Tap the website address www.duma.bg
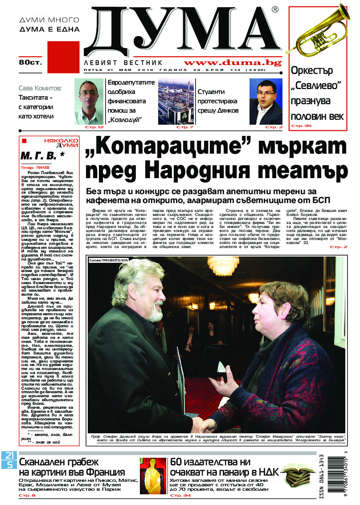(x=233, y=63)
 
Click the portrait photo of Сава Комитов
(x=89, y=102)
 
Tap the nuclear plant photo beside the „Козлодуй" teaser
(x=175, y=102)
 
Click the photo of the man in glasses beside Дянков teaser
(x=266, y=102)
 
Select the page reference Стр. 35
(x=302, y=126)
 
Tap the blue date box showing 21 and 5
(x=9, y=460)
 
